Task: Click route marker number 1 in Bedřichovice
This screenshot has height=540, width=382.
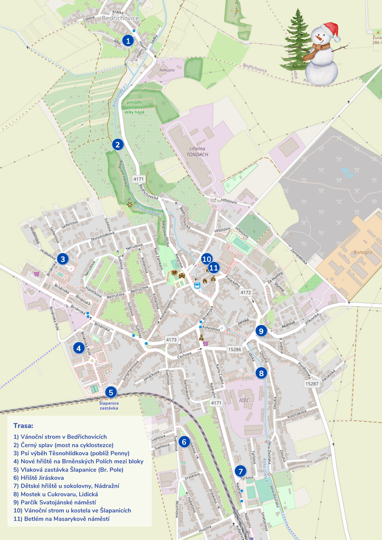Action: [128, 40]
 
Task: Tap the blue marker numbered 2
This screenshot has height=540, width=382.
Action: [117, 144]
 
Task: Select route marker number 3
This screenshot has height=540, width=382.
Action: [63, 259]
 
